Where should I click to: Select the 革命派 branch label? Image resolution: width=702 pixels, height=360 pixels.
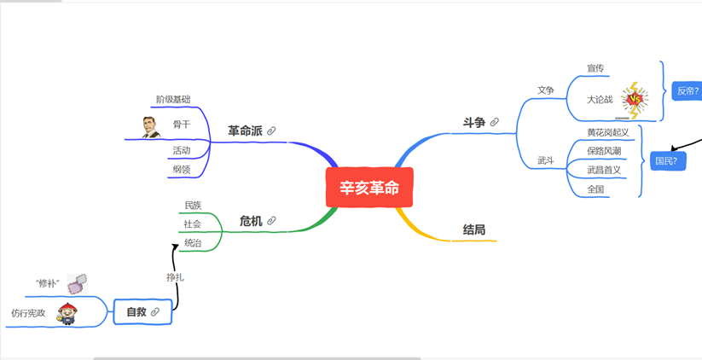point(245,131)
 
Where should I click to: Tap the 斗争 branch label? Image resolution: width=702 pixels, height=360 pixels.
point(473,123)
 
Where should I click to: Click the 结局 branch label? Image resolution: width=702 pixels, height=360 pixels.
point(474,229)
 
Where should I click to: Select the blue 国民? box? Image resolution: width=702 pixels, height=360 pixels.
point(667,160)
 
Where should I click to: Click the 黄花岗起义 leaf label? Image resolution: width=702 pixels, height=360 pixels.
point(607,132)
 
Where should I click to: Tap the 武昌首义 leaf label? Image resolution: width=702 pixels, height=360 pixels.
point(604,170)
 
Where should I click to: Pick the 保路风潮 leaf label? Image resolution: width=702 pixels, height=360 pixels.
point(604,151)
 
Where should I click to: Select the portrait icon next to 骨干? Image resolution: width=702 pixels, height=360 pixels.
point(151,126)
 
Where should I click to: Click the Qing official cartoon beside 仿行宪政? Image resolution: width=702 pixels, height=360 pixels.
point(66,313)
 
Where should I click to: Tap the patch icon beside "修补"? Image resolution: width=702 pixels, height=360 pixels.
point(77,282)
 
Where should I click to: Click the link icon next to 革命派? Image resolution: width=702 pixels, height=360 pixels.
point(271,131)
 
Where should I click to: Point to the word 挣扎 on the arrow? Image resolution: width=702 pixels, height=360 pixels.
point(175,276)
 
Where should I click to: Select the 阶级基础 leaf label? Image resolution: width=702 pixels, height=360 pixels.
point(173,99)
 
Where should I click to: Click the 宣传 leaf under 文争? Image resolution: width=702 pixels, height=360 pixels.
point(595,68)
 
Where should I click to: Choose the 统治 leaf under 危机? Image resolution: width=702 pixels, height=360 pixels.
point(193,243)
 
